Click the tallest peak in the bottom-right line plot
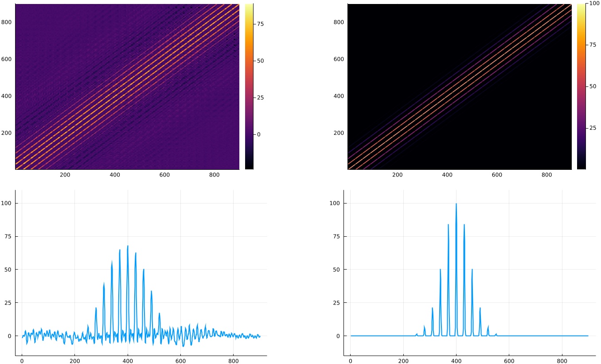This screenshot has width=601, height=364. (x=456, y=204)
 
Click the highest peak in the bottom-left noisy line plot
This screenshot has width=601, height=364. (x=128, y=246)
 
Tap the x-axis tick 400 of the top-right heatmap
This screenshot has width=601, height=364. (x=447, y=175)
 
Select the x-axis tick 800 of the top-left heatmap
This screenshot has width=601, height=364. (x=214, y=175)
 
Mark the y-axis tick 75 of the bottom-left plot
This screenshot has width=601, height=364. (x=8, y=236)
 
